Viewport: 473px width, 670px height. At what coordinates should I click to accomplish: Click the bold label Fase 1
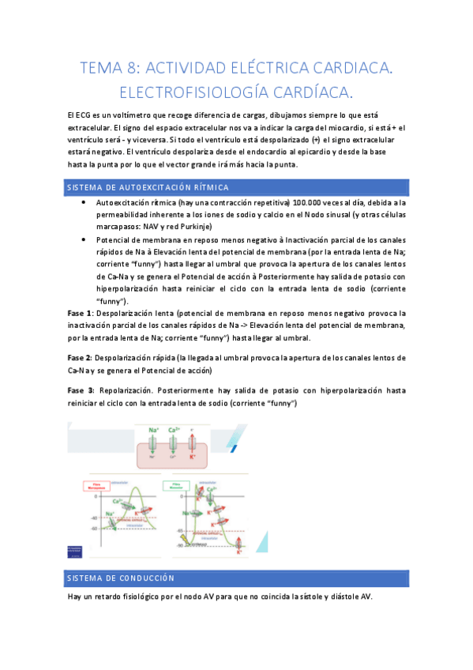[x=80, y=313]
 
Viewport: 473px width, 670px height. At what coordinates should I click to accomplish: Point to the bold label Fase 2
[x=80, y=357]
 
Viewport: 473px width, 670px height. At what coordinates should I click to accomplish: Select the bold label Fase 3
[x=81, y=390]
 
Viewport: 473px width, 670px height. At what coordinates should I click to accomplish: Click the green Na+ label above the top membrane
[x=155, y=431]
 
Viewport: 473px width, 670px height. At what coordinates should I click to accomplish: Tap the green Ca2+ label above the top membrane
[x=173, y=431]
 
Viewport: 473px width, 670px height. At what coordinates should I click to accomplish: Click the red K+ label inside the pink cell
[x=191, y=457]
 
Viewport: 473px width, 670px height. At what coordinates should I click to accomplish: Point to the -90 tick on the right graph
[x=181, y=545]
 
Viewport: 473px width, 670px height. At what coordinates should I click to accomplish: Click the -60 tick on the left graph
[x=94, y=527]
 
